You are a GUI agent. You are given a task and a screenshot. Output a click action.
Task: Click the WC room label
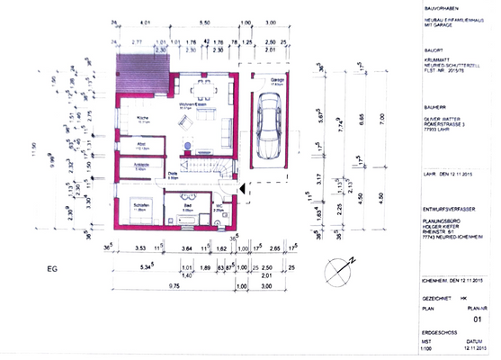[x=218, y=206]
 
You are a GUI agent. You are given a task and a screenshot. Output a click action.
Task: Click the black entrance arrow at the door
[x=242, y=185]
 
